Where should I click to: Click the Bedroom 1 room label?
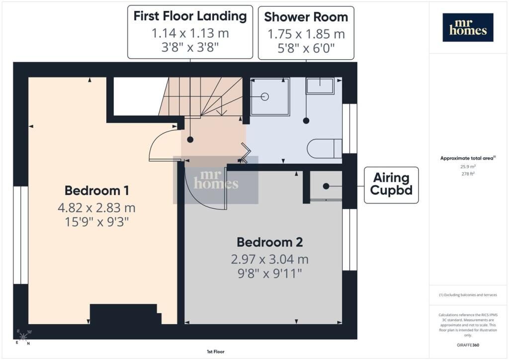pos(97,190)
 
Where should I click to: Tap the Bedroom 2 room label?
pos(270,242)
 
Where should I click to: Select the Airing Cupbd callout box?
pos(391,185)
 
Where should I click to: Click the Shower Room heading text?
pos(306,17)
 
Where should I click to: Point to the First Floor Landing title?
pos(190,16)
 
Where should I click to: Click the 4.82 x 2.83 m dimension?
pos(97,208)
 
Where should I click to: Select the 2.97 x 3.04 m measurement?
pos(270,260)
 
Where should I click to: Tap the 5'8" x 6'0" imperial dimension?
pos(306,48)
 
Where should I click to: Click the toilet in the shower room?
pos(324,149)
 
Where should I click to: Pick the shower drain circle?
pos(265,97)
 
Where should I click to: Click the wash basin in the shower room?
pos(320,86)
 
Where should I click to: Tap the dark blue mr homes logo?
pos(468,27)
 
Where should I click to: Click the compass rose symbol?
pos(23,337)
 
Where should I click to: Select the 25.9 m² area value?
pos(468,167)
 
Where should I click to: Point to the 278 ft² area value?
pos(468,174)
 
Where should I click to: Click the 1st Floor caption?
pos(216,352)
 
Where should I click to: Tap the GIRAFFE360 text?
pos(468,345)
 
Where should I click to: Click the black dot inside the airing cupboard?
pos(326,186)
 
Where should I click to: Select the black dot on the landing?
pos(190,140)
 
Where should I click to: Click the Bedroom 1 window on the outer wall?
pos(21,235)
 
